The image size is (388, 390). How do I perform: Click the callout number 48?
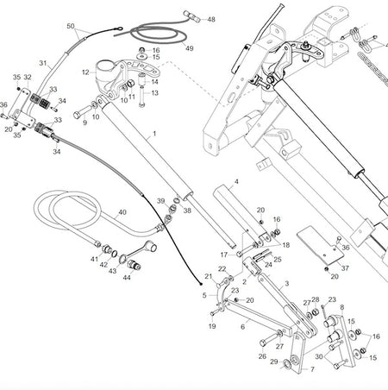tap(211, 19)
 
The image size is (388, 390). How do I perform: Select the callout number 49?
tap(189, 48)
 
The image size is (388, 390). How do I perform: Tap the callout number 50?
tap(71, 26)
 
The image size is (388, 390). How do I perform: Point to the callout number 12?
tap(85, 72)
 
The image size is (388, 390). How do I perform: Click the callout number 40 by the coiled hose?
tap(122, 212)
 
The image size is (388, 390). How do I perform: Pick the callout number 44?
tap(127, 277)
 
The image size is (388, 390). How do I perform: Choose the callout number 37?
tap(345, 268)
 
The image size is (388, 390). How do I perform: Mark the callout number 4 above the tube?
tap(236, 182)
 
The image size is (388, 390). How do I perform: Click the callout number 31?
tap(43, 63)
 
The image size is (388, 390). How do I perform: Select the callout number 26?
tap(262, 356)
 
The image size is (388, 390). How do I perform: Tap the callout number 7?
tap(312, 369)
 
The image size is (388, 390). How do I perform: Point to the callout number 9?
tap(84, 123)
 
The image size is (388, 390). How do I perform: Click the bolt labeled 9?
tap(83, 112)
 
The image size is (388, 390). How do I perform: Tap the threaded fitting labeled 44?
tap(134, 265)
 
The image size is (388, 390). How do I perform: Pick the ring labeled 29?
tap(286, 364)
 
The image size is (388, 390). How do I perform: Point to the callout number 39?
tap(161, 201)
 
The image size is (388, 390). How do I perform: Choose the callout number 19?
tap(212, 326)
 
